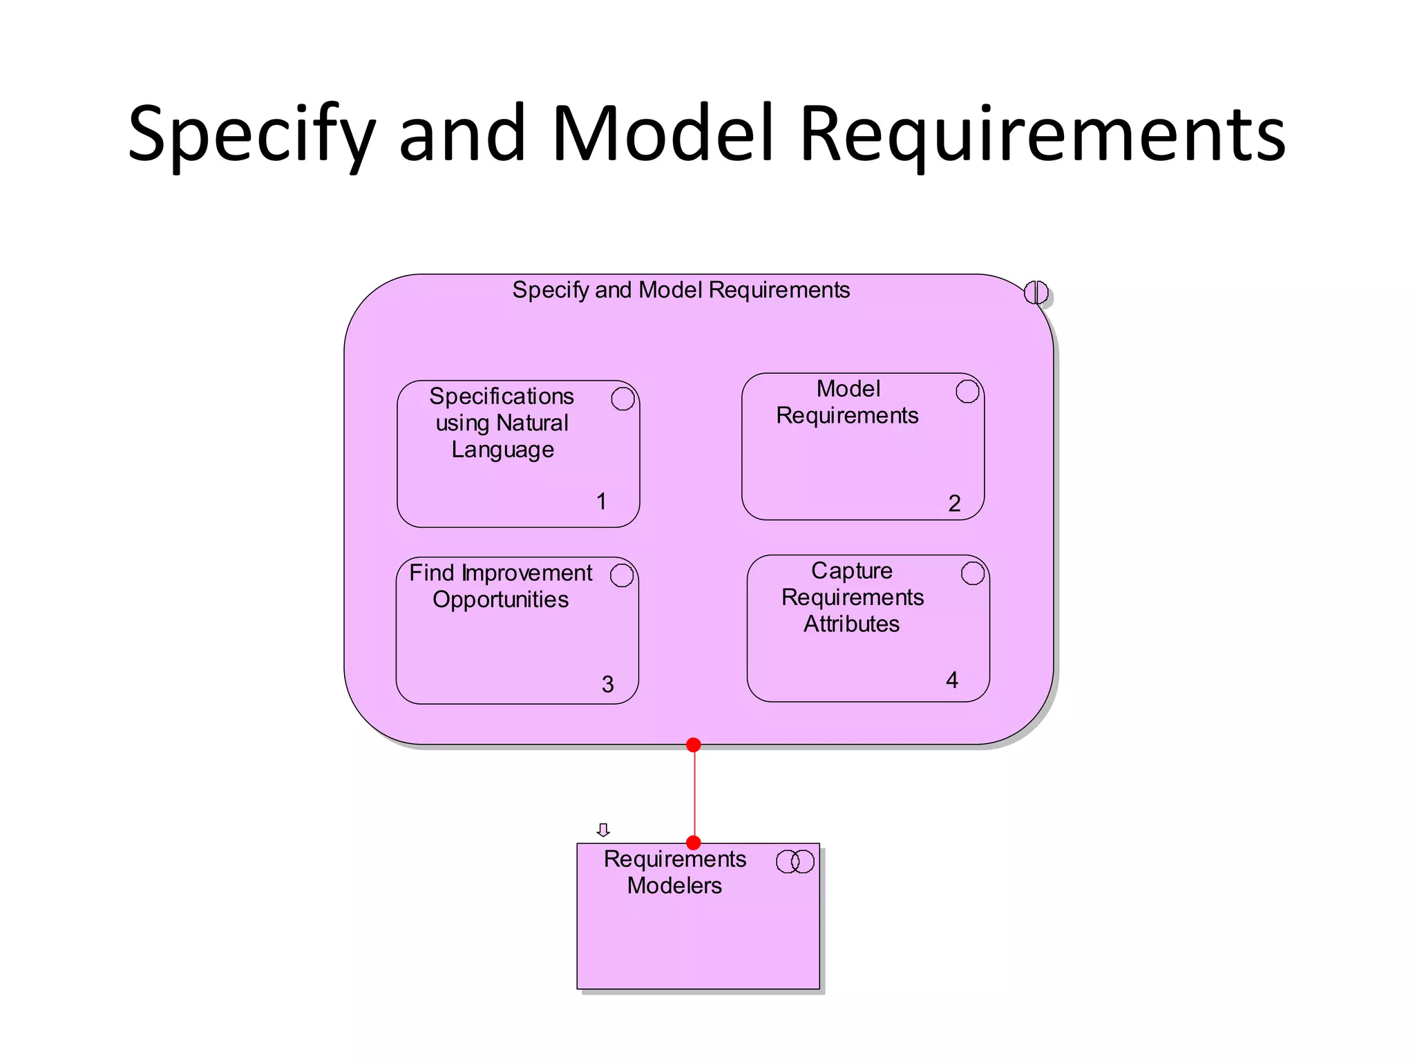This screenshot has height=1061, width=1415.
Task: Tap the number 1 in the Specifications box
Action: [x=601, y=501]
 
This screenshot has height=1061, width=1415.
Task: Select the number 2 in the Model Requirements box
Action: [x=954, y=503]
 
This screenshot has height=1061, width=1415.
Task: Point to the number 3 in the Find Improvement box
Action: [x=607, y=684]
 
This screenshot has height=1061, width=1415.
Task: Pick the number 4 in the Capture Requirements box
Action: [x=952, y=680]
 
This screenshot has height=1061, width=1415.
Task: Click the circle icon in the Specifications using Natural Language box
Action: [x=623, y=399]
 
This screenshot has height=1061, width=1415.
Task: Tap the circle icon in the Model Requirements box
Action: [x=967, y=392]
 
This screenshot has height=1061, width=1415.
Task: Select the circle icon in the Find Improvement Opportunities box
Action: [x=622, y=575]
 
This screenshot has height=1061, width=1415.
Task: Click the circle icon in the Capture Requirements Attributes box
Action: [x=973, y=573]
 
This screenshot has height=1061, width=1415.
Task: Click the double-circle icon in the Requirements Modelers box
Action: [x=795, y=861]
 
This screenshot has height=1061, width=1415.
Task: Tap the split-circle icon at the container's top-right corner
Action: [x=1036, y=292]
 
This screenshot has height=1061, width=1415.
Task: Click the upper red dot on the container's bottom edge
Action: [x=694, y=745]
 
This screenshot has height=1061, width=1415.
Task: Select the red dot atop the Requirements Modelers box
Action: [x=694, y=843]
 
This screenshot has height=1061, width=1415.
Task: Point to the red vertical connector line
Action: [x=694, y=794]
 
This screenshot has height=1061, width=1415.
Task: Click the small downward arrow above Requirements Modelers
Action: [x=603, y=830]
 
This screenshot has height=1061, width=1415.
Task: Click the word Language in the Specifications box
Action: [x=502, y=450]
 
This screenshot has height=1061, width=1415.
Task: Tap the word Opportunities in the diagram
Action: [x=500, y=600]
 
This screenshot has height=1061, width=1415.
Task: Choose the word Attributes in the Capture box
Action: [x=851, y=624]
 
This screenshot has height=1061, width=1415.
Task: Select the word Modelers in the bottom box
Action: [x=674, y=886]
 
